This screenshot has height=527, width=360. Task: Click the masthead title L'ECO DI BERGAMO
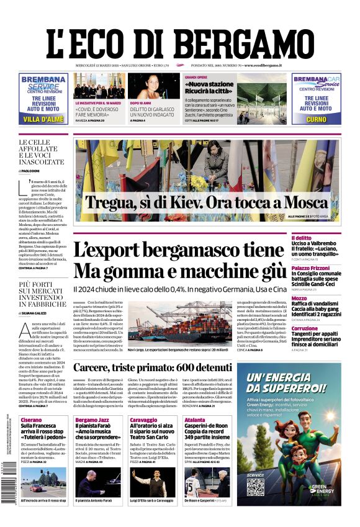(179, 38)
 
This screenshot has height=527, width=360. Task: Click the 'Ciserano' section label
(32, 420)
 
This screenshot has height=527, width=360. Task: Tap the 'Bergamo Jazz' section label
(91, 420)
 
